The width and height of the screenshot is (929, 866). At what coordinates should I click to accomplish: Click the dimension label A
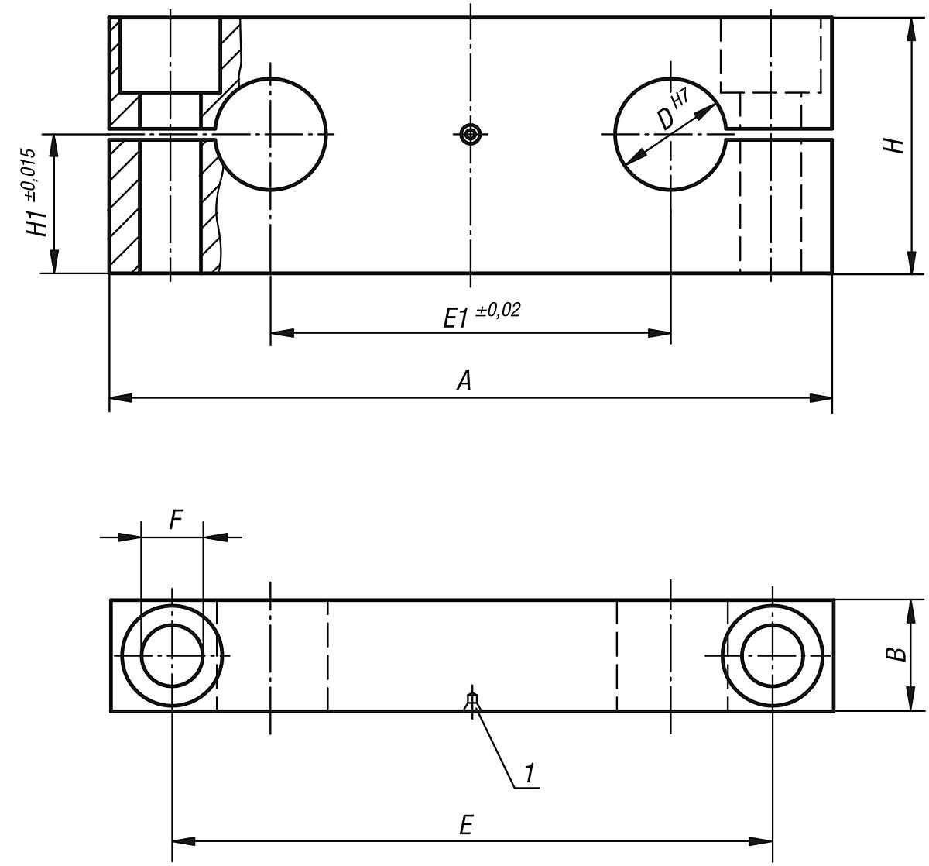(464, 380)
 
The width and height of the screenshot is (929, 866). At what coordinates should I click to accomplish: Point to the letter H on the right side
(896, 145)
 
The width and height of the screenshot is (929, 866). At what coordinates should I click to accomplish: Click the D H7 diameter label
(670, 111)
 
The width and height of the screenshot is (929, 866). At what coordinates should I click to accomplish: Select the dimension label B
(896, 654)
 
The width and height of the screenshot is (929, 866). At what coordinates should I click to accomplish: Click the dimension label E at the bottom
(464, 825)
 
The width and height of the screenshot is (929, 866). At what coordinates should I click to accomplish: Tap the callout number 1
(529, 772)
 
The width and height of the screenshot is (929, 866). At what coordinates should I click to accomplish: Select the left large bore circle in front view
(270, 134)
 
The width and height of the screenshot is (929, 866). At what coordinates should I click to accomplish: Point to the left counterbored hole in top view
(172, 655)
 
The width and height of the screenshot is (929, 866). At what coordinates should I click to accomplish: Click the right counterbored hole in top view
(772, 655)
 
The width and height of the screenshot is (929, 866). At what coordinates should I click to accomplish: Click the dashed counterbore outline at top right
(771, 55)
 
